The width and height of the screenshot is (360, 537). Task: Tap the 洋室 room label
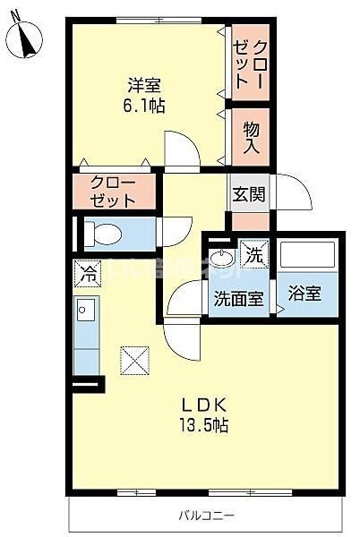[143, 86]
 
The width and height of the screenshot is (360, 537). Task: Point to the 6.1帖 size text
[144, 106]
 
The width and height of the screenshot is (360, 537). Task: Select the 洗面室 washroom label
[238, 299]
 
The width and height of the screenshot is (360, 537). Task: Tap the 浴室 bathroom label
[305, 293]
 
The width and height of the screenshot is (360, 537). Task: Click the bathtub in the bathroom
[306, 254]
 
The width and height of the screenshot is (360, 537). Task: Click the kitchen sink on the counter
[87, 314]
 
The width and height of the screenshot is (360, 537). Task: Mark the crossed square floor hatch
[136, 360]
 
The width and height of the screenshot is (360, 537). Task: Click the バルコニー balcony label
[206, 516]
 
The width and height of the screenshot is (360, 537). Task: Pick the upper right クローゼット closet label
[248, 63]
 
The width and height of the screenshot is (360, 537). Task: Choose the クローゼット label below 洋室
[114, 192]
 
